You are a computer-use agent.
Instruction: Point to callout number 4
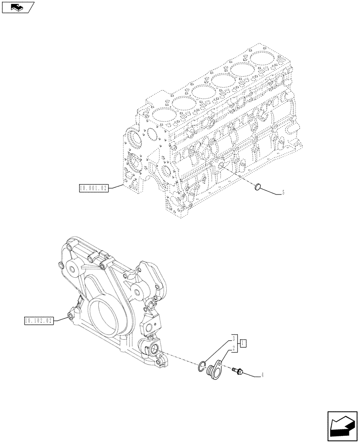(262, 375)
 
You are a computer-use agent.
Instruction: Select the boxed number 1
(243, 343)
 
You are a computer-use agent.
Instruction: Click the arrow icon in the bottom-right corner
(342, 426)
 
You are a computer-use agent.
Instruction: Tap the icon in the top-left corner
(18, 7)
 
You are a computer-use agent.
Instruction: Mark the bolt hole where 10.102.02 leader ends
(70, 316)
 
